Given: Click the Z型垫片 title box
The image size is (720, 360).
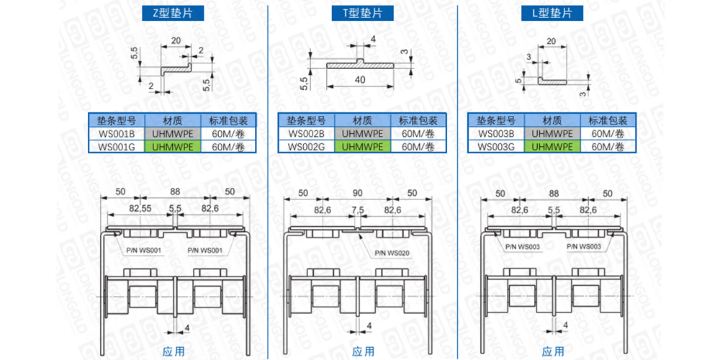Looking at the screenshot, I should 173,13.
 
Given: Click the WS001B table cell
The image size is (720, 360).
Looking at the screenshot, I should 116,133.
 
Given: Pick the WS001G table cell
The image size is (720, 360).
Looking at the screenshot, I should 116,146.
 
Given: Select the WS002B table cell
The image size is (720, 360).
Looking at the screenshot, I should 306,133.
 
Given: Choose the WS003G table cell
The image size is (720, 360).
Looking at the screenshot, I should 496,146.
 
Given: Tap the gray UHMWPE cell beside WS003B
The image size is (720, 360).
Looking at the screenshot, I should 552,133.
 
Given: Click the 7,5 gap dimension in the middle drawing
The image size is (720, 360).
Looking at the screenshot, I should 358,210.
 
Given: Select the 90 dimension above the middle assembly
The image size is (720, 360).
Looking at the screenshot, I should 358,193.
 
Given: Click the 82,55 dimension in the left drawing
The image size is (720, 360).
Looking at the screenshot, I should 138,209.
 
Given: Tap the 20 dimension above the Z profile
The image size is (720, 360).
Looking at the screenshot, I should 176,41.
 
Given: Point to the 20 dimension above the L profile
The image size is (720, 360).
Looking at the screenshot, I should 551,42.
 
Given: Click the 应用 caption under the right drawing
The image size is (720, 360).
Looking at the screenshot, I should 553,351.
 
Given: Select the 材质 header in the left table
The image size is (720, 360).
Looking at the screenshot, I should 173,120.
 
